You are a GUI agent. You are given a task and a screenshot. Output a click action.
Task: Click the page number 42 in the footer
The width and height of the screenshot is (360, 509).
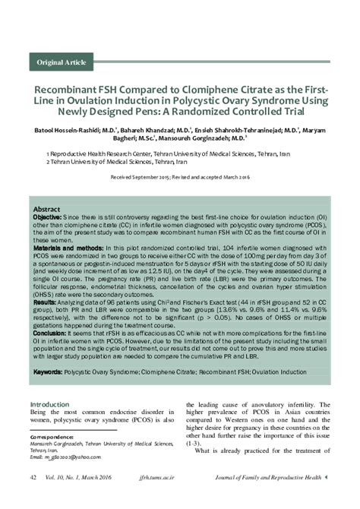[33, 498]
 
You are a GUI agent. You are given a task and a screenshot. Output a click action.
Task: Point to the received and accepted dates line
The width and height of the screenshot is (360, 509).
[180, 175]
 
